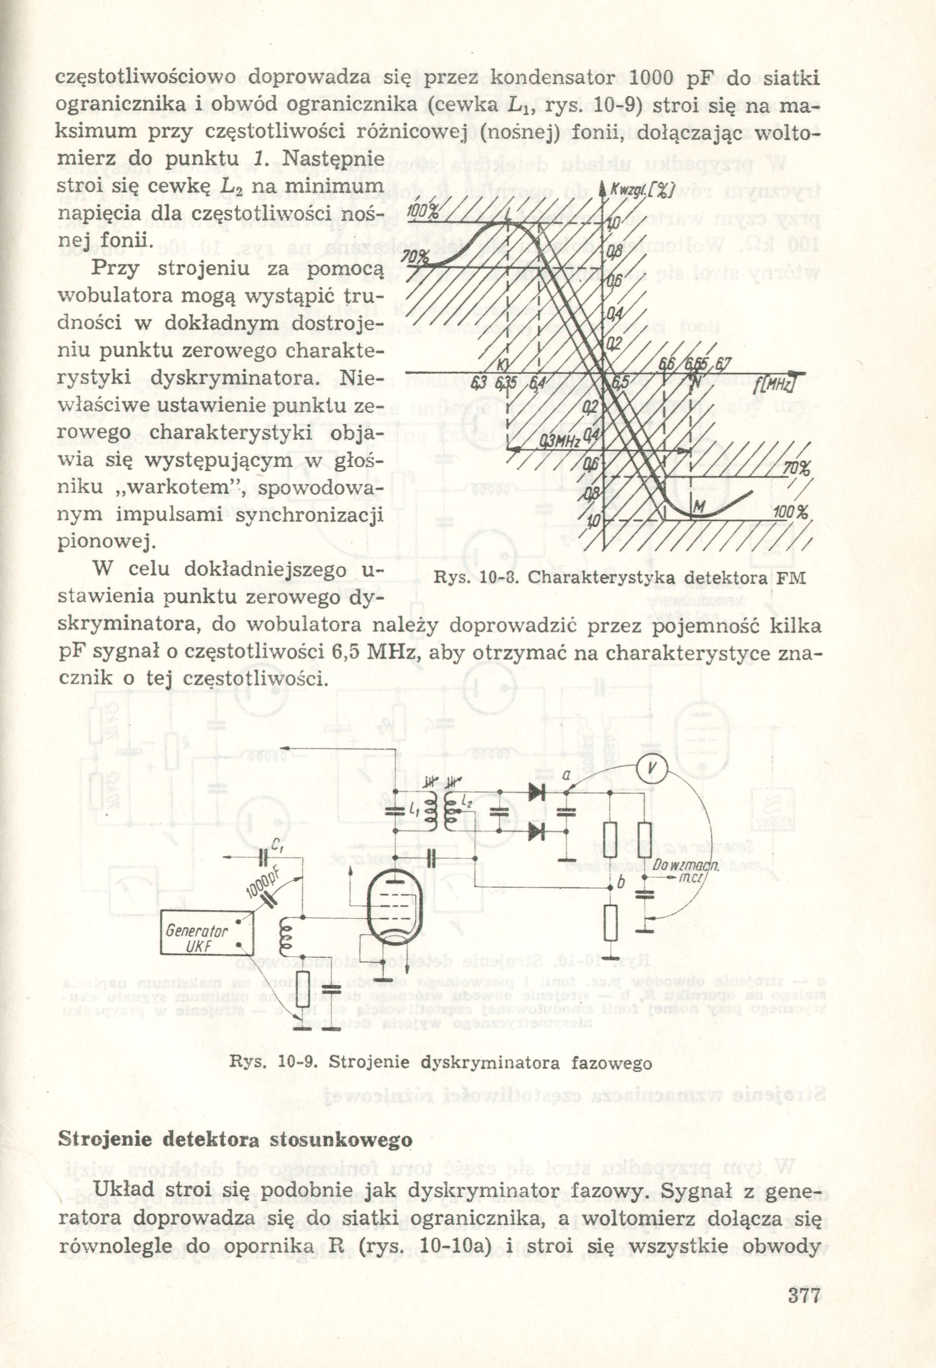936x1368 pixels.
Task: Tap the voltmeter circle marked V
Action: point(650,766)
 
